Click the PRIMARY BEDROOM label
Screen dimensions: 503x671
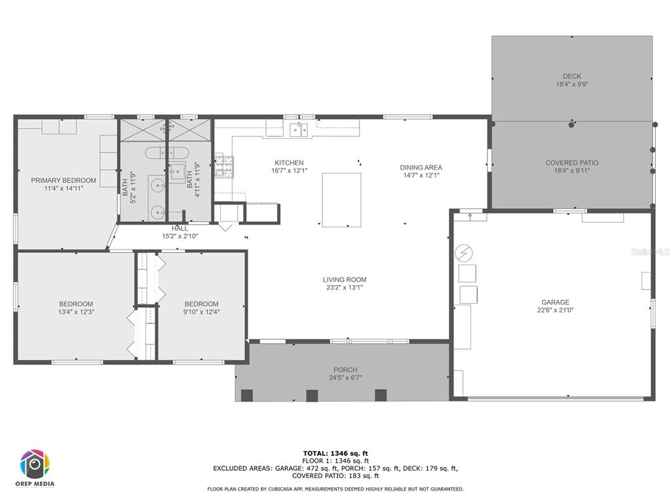[x=64, y=180]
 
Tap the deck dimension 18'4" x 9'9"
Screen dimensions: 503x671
[x=571, y=84]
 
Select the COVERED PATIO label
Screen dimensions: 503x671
[x=571, y=162]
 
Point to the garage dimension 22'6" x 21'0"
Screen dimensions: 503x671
[x=554, y=310]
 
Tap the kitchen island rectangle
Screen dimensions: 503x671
[x=341, y=200]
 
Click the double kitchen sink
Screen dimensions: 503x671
[x=300, y=129]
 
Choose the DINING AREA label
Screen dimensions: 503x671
[x=421, y=168]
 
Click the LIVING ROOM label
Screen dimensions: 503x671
[x=344, y=280]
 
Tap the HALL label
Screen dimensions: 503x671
[x=180, y=229]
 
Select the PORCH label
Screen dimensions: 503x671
[x=345, y=370]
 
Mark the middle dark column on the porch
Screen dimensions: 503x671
[x=312, y=396]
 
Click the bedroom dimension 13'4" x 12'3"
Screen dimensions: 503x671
[x=76, y=312]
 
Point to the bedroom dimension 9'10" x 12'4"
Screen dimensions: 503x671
[x=201, y=312]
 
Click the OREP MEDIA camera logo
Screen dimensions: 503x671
[x=35, y=464]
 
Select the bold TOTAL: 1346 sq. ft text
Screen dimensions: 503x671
[x=335, y=453]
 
